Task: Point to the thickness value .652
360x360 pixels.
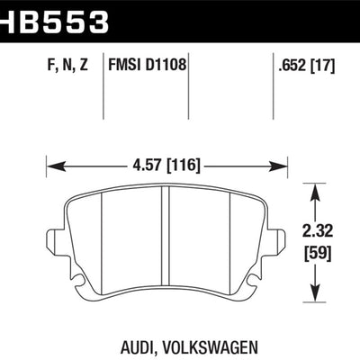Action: [x=290, y=64]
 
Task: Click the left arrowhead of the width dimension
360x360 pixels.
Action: [x=53, y=165]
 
